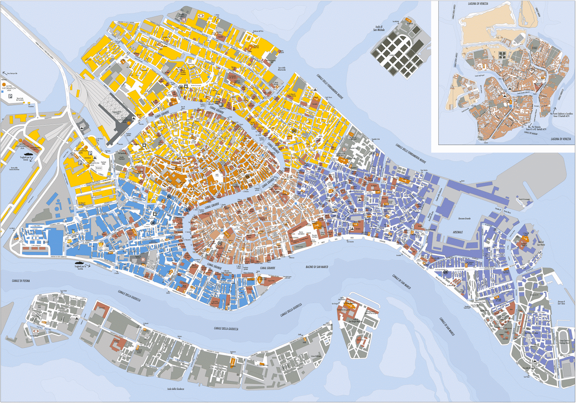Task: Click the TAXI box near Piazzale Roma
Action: (99, 168)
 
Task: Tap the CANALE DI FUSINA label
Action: (21, 281)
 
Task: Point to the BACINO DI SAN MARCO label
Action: (317, 267)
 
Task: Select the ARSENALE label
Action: (458, 232)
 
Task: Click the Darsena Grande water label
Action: (464, 218)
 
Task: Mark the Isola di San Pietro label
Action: (541, 243)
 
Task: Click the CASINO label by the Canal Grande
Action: (223, 108)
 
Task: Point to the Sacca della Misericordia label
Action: (282, 69)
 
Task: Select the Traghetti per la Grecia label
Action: (26, 159)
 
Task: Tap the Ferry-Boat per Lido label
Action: (11, 73)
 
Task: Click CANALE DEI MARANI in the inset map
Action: (531, 132)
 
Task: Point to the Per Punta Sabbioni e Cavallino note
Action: (561, 115)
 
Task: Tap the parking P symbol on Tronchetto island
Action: (10, 96)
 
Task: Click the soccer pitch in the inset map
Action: (503, 55)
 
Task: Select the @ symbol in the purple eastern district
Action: (446, 272)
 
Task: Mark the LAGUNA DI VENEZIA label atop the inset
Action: (478, 4)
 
